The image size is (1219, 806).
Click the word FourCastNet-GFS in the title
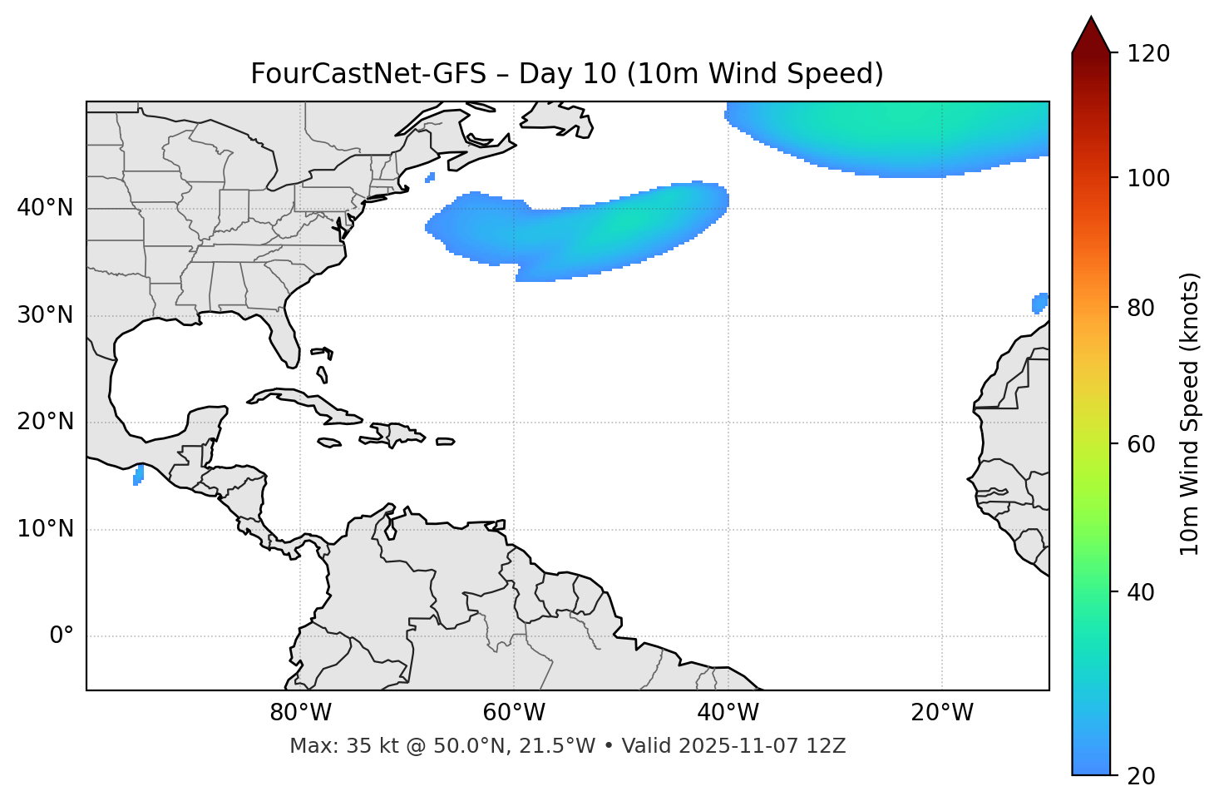368,74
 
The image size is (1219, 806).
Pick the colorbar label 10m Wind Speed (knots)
1190,413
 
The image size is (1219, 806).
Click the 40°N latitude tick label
45,208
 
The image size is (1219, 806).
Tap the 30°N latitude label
45,315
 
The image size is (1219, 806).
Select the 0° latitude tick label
61,636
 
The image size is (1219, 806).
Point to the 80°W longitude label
300,713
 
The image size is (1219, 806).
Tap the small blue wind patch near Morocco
1039,303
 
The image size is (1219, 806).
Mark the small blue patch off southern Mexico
138,475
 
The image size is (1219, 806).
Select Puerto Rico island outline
445,442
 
